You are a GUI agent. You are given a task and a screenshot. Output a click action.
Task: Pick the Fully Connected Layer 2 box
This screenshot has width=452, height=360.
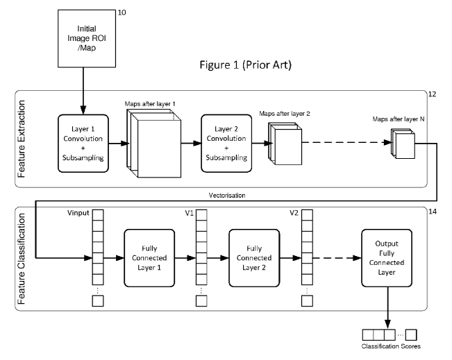251,257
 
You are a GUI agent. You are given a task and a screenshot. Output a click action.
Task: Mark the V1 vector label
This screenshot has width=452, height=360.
188,212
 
